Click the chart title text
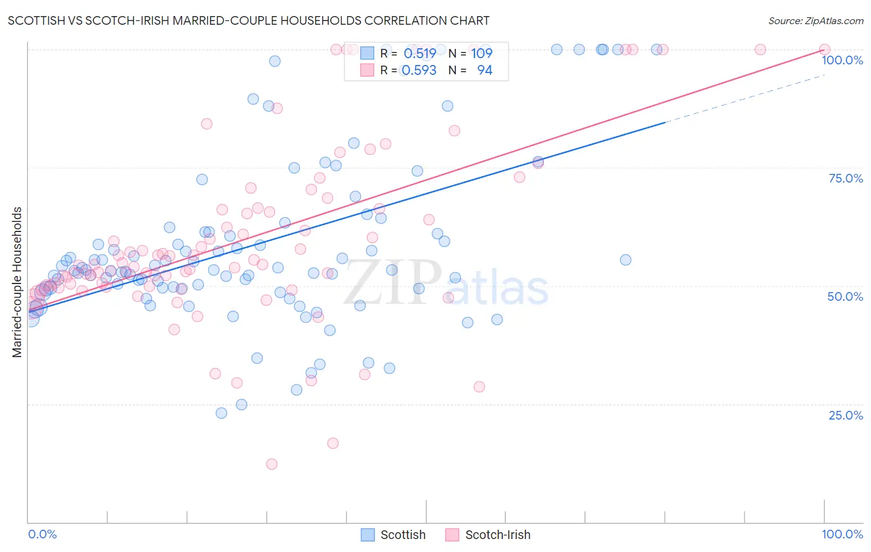click(x=248, y=20)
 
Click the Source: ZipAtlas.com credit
click(x=815, y=20)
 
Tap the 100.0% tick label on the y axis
click(x=842, y=60)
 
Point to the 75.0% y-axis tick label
click(x=846, y=178)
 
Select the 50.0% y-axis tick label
click(x=845, y=296)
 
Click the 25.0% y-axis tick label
click(x=846, y=415)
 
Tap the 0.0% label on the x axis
click(x=43, y=534)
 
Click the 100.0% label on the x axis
click(x=842, y=534)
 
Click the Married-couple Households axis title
click(x=17, y=282)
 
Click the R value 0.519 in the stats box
click(x=419, y=53)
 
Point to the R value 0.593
click(x=419, y=71)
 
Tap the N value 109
click(x=481, y=53)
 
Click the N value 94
click(x=484, y=71)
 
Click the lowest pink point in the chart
click(x=271, y=464)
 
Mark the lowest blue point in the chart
click(x=221, y=413)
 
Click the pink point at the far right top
click(x=824, y=50)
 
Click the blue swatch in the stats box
click(x=367, y=53)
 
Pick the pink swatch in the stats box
click(x=367, y=71)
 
